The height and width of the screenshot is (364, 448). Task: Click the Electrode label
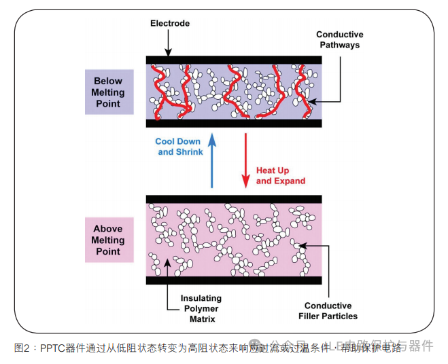[x=169, y=24]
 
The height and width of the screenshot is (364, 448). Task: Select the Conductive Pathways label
[x=339, y=39]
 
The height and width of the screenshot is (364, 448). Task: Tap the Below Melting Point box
[x=108, y=92]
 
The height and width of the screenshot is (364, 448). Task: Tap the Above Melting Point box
[x=108, y=240]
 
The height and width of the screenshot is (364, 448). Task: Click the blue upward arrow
[x=212, y=160]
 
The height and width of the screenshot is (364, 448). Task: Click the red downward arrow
[x=245, y=160]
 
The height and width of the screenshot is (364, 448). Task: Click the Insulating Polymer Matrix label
[x=201, y=308]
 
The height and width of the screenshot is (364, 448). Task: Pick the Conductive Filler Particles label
[x=328, y=310]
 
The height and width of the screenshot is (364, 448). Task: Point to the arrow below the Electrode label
[x=169, y=44]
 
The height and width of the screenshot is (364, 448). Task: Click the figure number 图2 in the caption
[x=22, y=348]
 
